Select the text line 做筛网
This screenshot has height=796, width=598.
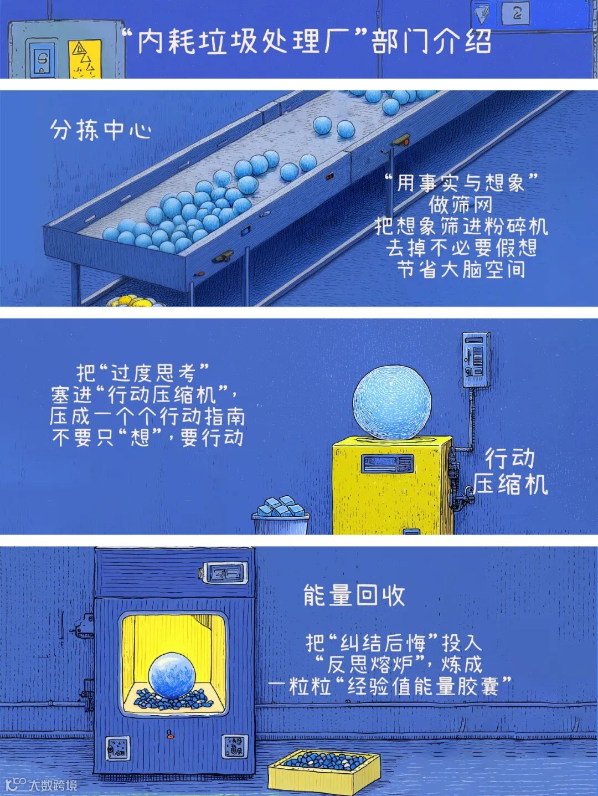460,204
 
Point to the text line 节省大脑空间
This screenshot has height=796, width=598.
460,270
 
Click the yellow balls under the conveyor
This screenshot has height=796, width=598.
135,301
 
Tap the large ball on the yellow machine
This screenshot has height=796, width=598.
392,401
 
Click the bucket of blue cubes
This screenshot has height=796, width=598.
281,516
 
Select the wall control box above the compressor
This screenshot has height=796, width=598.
477,360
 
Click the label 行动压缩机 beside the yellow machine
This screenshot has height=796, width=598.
510,471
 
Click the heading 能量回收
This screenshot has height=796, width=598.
354,595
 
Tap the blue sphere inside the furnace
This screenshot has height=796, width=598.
172,675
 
